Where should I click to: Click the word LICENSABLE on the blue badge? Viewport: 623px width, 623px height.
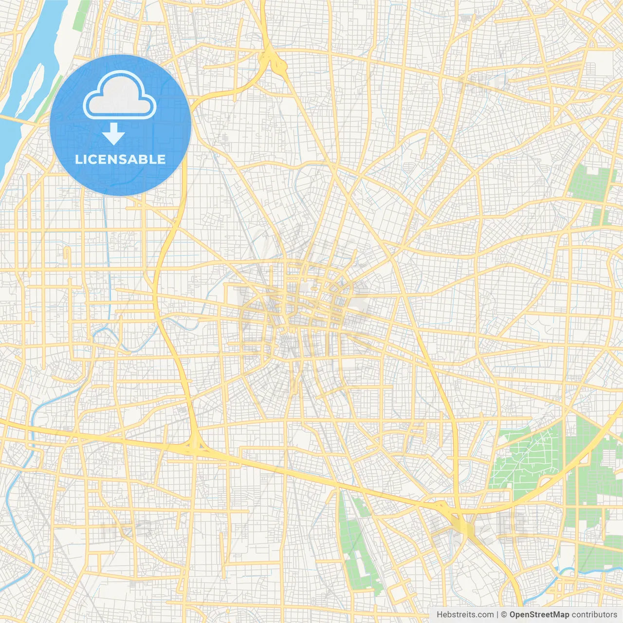coord(120,159)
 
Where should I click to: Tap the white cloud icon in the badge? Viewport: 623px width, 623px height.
coord(120,95)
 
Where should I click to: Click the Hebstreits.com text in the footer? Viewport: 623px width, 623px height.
coord(465,615)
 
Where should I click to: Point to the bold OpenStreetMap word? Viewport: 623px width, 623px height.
coord(539,615)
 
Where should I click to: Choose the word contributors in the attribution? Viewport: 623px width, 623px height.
coord(594,615)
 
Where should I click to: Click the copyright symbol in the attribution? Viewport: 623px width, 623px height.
coord(504,615)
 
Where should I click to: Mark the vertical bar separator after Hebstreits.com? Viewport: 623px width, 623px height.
coord(497,615)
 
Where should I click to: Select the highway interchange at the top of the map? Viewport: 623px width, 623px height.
coord(270,61)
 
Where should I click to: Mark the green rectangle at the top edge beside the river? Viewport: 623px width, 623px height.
coord(83,15)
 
